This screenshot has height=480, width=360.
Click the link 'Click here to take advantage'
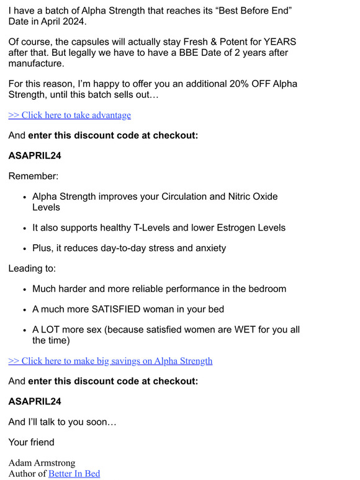click(70, 115)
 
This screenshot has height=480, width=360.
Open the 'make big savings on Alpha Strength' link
click(110, 361)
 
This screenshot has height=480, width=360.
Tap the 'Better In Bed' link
click(74, 474)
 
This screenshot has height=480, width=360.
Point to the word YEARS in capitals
click(280, 42)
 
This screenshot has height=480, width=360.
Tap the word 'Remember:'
click(33, 176)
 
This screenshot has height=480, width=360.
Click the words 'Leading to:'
click(32, 269)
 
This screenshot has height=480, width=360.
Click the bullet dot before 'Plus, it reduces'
click(24, 249)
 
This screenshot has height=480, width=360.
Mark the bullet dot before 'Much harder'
click(24, 290)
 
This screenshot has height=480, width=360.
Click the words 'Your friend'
click(31, 442)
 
